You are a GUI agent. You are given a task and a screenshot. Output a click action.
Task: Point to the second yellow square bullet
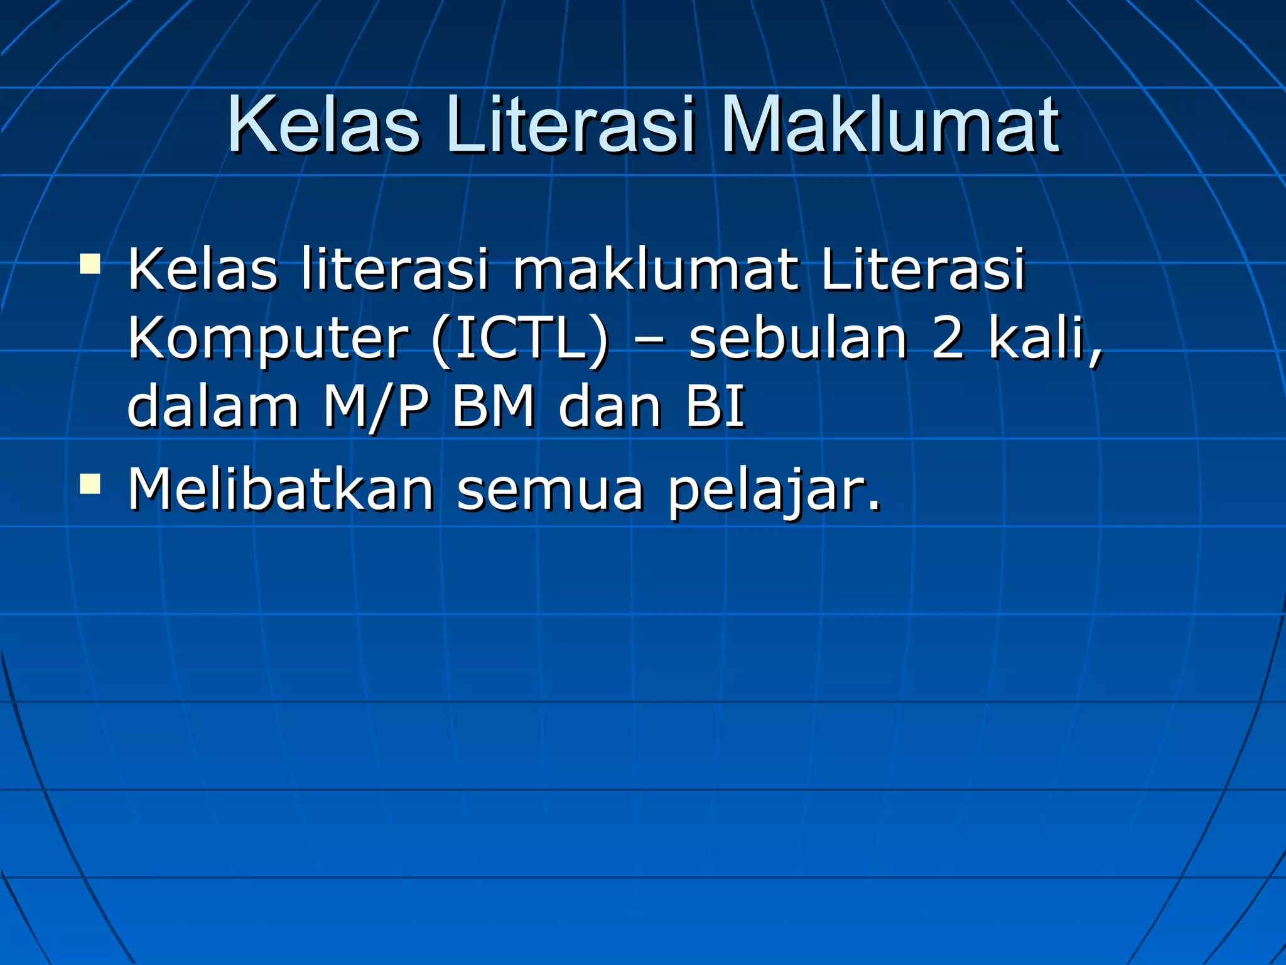(90, 484)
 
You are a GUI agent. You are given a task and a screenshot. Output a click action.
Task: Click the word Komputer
(268, 339)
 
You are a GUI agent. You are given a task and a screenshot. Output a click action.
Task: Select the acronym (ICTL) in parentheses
(520, 339)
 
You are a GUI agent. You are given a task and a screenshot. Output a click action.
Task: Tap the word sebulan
(797, 339)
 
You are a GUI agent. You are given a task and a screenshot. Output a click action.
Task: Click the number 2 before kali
(948, 339)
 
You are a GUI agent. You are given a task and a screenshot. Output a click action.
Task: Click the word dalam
(213, 407)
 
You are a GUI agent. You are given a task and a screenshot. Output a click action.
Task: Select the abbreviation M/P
(376, 407)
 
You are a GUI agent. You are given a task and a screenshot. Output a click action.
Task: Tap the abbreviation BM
(494, 407)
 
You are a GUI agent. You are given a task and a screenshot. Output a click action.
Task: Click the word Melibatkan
(281, 490)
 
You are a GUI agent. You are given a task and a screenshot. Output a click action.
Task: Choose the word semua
(550, 490)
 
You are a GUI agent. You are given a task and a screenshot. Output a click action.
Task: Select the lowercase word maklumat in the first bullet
(656, 270)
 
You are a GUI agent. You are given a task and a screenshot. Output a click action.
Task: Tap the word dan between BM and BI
(610, 407)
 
